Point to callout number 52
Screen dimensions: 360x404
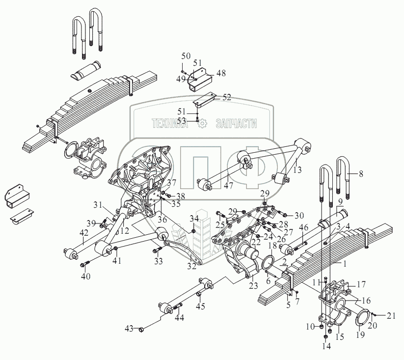pos(226,97)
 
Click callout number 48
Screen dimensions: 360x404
pos(221,73)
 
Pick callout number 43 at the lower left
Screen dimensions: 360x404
pos(129,328)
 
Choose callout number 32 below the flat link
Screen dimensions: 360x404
pos(192,267)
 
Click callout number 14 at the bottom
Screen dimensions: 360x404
pos(326,346)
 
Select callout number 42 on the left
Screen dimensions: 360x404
pos(85,233)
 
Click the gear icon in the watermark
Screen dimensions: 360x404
pos(201,124)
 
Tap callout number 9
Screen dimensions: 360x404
pos(340,201)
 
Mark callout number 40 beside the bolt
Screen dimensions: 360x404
pos(85,277)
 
